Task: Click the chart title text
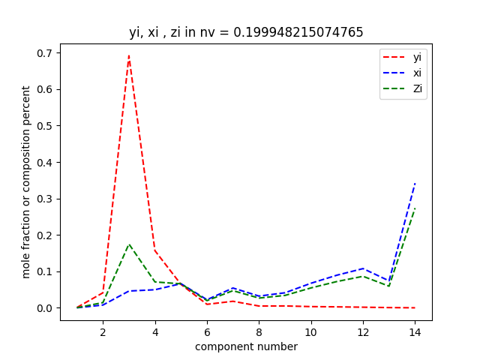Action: coord(246,32)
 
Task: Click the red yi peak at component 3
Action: coord(129,55)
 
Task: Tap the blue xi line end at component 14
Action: coord(415,183)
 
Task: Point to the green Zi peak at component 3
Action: coord(129,244)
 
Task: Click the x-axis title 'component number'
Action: coord(246,346)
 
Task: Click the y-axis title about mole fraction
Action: coord(26,181)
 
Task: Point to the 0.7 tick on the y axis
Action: coord(46,53)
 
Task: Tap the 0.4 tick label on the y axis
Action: coord(46,162)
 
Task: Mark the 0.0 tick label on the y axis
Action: coord(46,308)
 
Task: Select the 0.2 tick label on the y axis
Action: coord(46,235)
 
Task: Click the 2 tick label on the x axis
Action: coord(103,330)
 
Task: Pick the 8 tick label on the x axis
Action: coord(259,330)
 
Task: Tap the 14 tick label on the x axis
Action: coord(415,330)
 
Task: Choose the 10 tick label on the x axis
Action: coord(310,330)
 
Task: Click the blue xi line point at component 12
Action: coord(363,268)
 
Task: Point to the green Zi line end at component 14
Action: coord(415,208)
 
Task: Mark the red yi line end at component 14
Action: coord(415,307)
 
